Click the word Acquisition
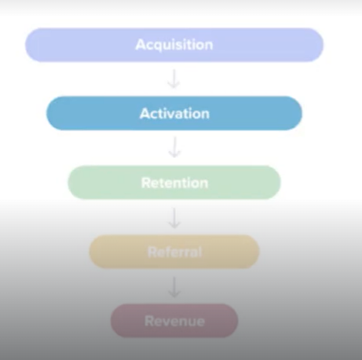tap(174, 45)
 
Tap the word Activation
tap(174, 114)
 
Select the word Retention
tap(174, 183)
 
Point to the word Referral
tap(175, 252)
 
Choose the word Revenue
tap(174, 321)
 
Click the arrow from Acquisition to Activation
tap(174, 79)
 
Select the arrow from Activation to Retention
tap(174, 147)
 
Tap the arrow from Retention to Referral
tap(174, 218)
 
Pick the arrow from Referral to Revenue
tap(174, 288)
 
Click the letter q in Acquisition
tap(156, 46)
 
